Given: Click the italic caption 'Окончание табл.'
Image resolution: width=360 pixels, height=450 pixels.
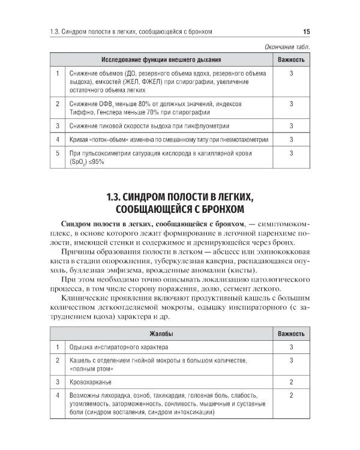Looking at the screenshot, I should tap(287, 47).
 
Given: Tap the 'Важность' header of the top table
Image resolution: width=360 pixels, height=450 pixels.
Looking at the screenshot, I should tap(291, 60).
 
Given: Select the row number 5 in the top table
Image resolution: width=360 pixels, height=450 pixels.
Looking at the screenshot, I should tap(57, 154).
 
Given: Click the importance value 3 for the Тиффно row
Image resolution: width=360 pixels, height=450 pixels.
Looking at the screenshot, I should tap(291, 104).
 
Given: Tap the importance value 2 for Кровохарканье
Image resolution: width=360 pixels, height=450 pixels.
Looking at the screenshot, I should tap(291, 382).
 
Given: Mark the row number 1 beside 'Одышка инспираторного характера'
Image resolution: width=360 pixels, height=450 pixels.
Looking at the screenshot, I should tap(57, 347).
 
